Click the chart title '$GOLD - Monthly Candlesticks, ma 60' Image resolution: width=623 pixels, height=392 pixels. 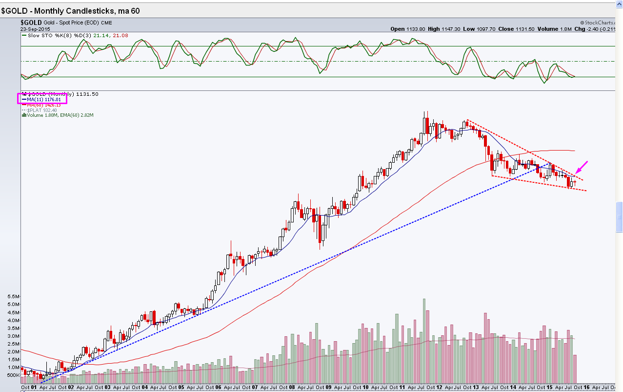point(70,11)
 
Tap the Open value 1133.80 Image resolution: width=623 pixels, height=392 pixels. point(407,29)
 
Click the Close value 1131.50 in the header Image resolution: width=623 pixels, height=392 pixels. point(513,29)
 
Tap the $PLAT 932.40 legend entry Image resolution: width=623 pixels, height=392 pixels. point(40,110)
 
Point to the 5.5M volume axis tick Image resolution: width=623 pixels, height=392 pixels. point(13,297)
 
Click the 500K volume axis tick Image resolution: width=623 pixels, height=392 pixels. point(13,375)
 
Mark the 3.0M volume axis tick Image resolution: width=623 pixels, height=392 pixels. point(13,336)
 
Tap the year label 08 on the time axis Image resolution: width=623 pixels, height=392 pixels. point(292,387)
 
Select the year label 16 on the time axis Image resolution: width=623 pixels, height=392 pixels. point(587,387)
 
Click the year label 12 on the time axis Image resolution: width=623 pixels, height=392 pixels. point(440,387)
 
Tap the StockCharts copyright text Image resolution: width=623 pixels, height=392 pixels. point(599,22)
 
